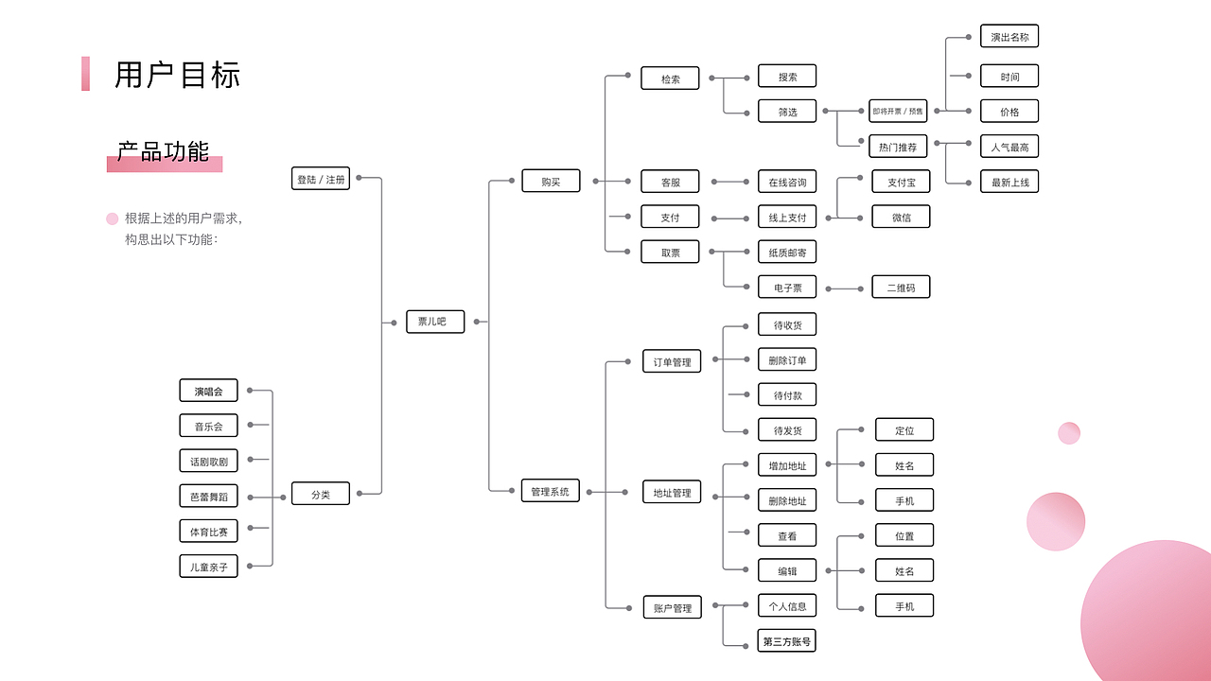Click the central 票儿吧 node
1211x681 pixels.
(435, 322)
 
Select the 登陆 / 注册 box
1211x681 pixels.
(321, 179)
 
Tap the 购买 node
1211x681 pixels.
(551, 181)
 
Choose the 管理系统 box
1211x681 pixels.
(551, 491)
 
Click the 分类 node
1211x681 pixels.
(321, 494)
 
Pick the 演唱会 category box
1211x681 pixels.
(209, 391)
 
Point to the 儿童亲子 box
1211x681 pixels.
(209, 567)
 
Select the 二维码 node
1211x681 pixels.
(902, 287)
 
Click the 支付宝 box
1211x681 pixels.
(902, 182)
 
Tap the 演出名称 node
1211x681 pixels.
(1009, 36)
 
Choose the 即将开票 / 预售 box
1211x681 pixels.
(898, 111)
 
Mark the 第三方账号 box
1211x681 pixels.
(786, 641)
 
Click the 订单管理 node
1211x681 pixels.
(672, 361)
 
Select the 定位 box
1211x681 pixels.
(904, 429)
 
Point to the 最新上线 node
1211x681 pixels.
(1009, 182)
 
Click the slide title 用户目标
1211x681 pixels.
(177, 75)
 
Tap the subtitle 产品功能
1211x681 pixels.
(163, 152)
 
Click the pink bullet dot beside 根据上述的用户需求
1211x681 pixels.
(112, 218)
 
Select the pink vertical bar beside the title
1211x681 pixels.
(85, 74)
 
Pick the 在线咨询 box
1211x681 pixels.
(787, 182)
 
